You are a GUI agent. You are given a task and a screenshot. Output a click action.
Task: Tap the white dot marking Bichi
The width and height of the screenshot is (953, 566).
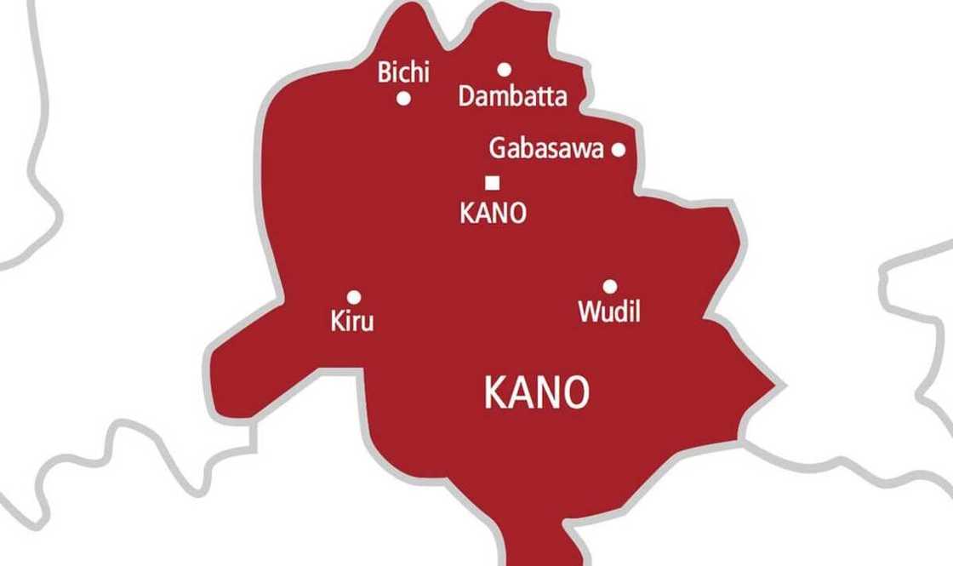[404, 99]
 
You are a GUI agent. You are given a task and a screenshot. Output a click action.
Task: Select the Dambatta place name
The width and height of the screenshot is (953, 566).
[512, 96]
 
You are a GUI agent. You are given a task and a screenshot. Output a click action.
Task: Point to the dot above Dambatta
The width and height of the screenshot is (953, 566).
[505, 70]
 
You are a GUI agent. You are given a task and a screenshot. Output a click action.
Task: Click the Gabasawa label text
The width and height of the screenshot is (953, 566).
[545, 149]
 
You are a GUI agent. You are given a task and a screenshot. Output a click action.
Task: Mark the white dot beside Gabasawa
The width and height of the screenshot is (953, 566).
[619, 150]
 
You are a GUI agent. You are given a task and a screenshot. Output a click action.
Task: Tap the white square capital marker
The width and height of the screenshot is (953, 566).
[492, 182]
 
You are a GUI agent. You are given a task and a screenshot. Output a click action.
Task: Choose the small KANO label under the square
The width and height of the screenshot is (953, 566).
[493, 213]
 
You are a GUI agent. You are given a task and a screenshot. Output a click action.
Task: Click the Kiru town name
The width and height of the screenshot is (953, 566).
[351, 322]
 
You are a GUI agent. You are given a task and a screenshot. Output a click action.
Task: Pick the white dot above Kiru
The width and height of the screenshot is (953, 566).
[354, 297]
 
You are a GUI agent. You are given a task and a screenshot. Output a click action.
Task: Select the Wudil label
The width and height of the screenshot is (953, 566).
[609, 312]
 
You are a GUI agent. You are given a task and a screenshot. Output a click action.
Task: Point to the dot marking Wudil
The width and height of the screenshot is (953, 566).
[610, 287]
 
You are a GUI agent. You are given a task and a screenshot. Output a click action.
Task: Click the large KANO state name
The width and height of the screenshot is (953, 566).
[536, 393]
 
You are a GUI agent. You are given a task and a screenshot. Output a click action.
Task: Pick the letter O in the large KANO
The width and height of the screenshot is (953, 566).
[576, 393]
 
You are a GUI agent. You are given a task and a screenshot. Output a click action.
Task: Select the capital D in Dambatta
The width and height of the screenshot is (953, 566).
[466, 96]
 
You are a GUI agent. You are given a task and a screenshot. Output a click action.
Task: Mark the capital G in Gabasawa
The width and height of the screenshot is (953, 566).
[497, 149]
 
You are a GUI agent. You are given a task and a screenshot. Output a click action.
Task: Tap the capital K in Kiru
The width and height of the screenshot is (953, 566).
[336, 322]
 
